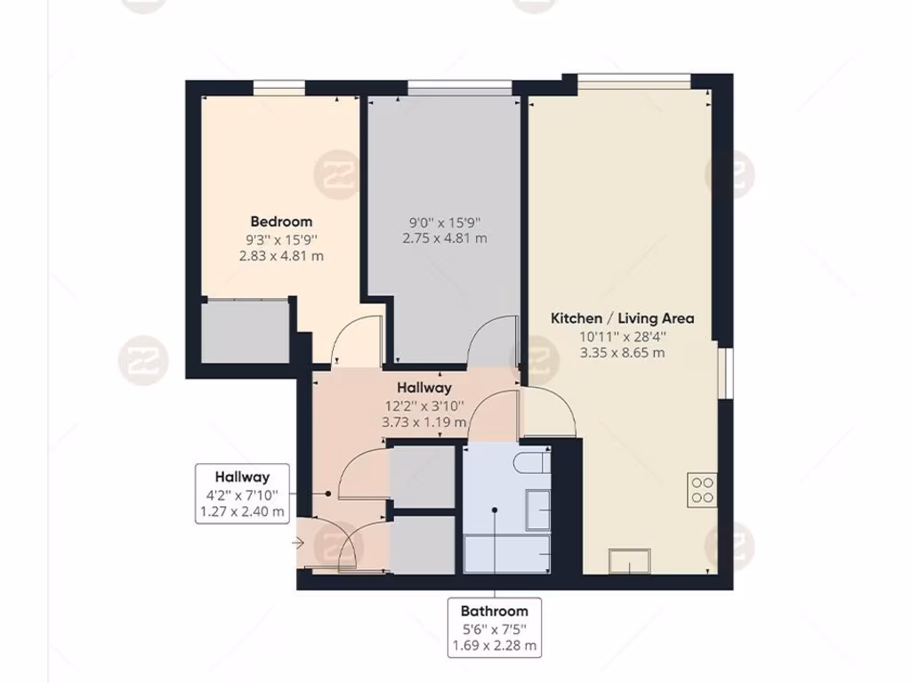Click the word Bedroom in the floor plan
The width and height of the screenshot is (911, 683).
point(281,221)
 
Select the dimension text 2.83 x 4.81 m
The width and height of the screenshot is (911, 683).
point(281,256)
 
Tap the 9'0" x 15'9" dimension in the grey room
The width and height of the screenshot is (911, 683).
point(445,221)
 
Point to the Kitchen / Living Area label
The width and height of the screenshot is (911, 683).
point(623,317)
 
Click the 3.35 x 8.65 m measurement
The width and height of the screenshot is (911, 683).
point(623,352)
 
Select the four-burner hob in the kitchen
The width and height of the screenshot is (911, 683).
point(701,490)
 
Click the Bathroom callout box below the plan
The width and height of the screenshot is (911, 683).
point(495,628)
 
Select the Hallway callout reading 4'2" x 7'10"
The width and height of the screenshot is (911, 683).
point(241,494)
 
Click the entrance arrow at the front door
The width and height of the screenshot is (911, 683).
point(297,541)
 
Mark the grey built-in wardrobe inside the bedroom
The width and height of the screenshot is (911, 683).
point(246,332)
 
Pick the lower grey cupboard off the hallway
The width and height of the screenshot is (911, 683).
point(423,543)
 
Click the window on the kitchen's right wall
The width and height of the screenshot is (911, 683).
point(727,373)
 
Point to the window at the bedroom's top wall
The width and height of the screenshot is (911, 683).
point(278,87)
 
